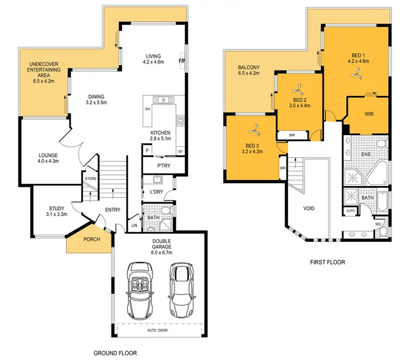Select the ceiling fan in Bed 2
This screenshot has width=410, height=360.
point(298,90)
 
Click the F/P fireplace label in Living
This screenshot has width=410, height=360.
point(183,61)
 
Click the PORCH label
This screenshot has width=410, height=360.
point(91,239)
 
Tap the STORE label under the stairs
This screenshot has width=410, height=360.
point(91,178)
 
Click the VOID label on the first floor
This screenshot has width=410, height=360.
point(309,208)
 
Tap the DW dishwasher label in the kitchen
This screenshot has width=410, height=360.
point(148,109)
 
